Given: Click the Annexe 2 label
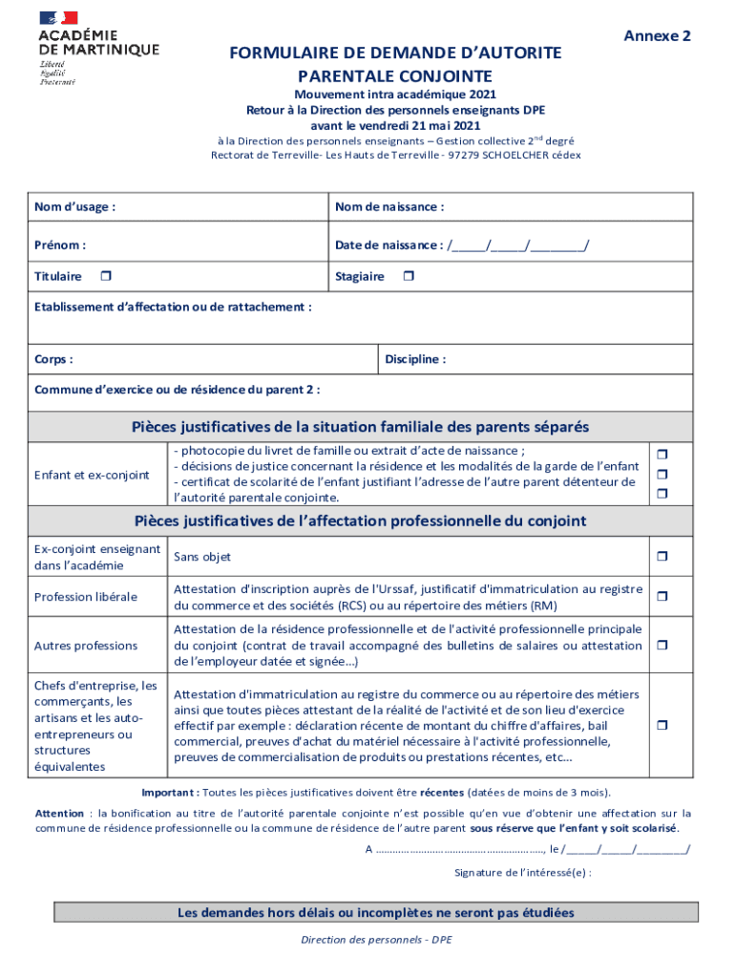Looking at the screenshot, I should (x=657, y=36).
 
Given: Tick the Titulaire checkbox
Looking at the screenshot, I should (x=106, y=276).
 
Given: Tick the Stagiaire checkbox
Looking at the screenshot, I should (x=408, y=276).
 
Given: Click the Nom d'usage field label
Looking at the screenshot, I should (x=75, y=206).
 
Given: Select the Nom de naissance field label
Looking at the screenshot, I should (x=388, y=206).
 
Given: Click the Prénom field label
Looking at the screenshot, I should (x=60, y=244).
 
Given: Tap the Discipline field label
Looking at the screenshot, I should (x=415, y=359).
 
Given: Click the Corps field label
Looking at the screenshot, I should (x=53, y=359).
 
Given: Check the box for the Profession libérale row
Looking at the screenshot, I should (x=660, y=597).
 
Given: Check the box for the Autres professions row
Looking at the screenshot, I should (x=660, y=646).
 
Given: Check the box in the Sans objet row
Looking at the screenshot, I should (x=660, y=556).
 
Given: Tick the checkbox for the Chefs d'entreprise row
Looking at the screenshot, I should (x=660, y=726).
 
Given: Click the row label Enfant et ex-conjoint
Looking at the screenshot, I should (x=92, y=475).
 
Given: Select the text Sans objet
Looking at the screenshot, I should (x=202, y=557).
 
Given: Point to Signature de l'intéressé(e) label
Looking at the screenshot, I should (x=522, y=872).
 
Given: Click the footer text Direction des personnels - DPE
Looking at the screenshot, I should (x=376, y=940).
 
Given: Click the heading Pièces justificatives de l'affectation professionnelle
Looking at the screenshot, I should (x=361, y=521).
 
